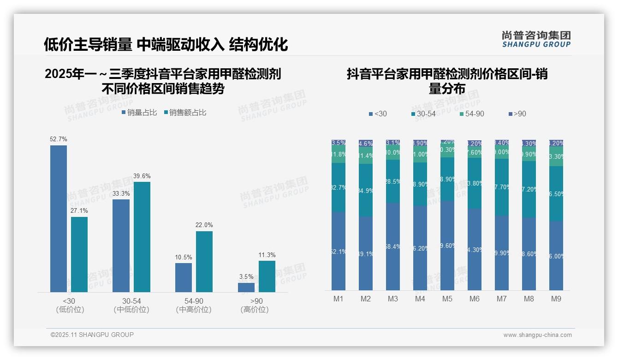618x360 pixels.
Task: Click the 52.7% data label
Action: [x=59, y=139]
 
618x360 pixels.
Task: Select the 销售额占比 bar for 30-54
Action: [x=142, y=237]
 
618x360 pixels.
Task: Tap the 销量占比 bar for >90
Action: [x=246, y=287]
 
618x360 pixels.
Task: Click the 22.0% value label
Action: [x=204, y=225]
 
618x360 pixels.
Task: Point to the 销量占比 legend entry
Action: [x=139, y=113]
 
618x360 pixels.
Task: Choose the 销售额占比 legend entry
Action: [x=185, y=113]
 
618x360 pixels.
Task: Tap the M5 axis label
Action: [x=447, y=299]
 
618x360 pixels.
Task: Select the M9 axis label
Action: [x=556, y=299]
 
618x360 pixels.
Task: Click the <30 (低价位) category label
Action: [x=70, y=306]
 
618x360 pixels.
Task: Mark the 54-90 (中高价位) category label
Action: [x=194, y=306]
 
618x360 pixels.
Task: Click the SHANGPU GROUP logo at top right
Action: [x=536, y=39]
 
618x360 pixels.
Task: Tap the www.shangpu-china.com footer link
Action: [x=537, y=335]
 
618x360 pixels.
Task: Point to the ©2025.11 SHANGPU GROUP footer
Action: [x=92, y=335]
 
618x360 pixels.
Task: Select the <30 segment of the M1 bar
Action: [x=339, y=251]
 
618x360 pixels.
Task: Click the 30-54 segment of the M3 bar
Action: [x=393, y=181]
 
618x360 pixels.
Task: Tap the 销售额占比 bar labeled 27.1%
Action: [x=79, y=254]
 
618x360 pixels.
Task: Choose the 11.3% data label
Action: [x=267, y=255]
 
